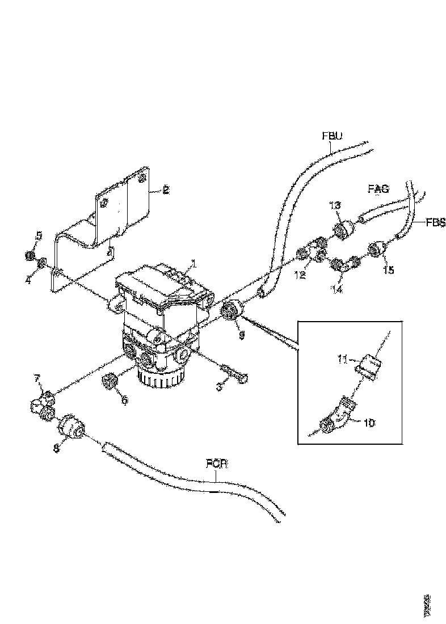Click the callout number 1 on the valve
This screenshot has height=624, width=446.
click(193, 264)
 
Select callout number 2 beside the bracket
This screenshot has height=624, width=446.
click(165, 191)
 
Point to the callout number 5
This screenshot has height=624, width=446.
click(39, 235)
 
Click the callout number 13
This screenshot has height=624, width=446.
click(335, 204)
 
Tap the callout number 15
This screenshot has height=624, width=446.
click(388, 270)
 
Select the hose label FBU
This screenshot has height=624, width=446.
click(333, 136)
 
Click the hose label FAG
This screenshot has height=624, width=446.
click(377, 189)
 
